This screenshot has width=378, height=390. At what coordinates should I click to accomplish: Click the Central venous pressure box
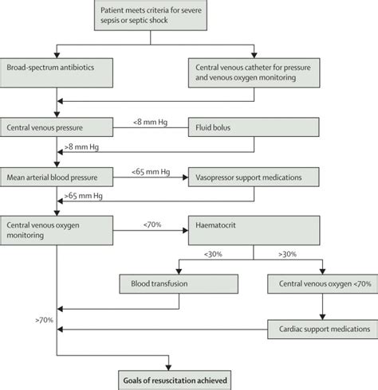pyautogui.click(x=57, y=127)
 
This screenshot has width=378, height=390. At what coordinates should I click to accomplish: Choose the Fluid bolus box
pyautogui.click(x=253, y=127)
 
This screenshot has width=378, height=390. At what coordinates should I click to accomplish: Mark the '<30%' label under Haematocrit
pyautogui.click(x=214, y=255)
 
